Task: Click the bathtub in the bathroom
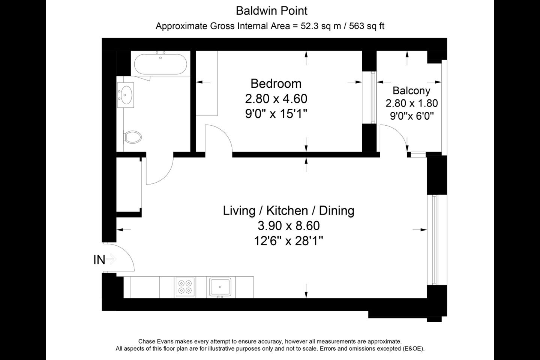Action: pyautogui.click(x=160, y=64)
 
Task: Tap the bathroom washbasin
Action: pyautogui.click(x=125, y=95)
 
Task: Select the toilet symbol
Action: pyautogui.click(x=132, y=137)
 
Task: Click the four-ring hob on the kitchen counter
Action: pyautogui.click(x=185, y=287)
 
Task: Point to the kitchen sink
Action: pyautogui.click(x=220, y=287)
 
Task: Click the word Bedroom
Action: pyautogui.click(x=276, y=84)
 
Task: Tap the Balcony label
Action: pyautogui.click(x=411, y=91)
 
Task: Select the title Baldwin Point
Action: pyautogui.click(x=271, y=11)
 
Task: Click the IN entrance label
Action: pyautogui.click(x=99, y=260)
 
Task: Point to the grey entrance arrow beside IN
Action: pyautogui.click(x=111, y=259)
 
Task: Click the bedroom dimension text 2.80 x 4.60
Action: pyautogui.click(x=276, y=99)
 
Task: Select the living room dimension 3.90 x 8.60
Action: pyautogui.click(x=289, y=226)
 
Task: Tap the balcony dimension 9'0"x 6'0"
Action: pyautogui.click(x=412, y=116)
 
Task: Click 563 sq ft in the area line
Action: pyautogui.click(x=366, y=26)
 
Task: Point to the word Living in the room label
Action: pyautogui.click(x=239, y=211)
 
